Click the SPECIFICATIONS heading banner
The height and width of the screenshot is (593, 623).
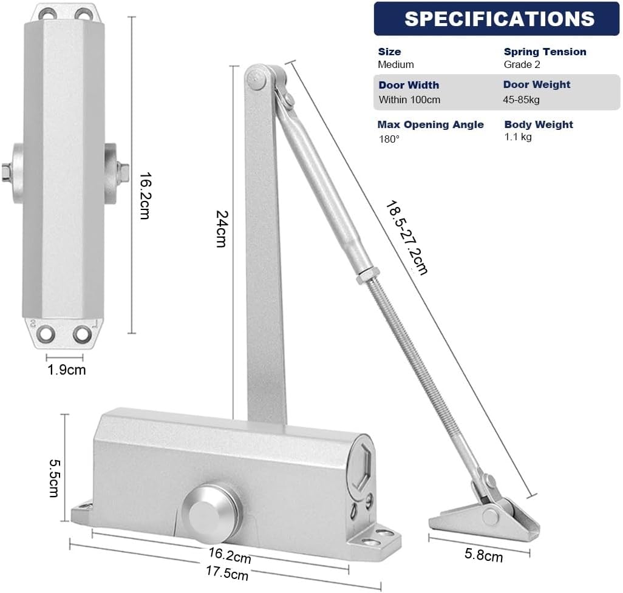click(x=497, y=19)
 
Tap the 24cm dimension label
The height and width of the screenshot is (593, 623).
click(x=222, y=229)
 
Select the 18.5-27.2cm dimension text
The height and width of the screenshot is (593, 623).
click(x=406, y=237)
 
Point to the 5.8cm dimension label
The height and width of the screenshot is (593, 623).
click(x=483, y=555)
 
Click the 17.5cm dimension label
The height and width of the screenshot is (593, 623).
click(x=227, y=573)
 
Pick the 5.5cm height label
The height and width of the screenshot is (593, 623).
click(x=54, y=478)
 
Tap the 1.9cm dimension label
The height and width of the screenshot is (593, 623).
click(x=66, y=370)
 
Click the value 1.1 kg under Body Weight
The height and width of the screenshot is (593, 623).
click(x=518, y=137)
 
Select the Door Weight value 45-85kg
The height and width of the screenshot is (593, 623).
click(x=521, y=100)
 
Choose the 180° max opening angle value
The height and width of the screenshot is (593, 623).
click(x=389, y=139)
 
